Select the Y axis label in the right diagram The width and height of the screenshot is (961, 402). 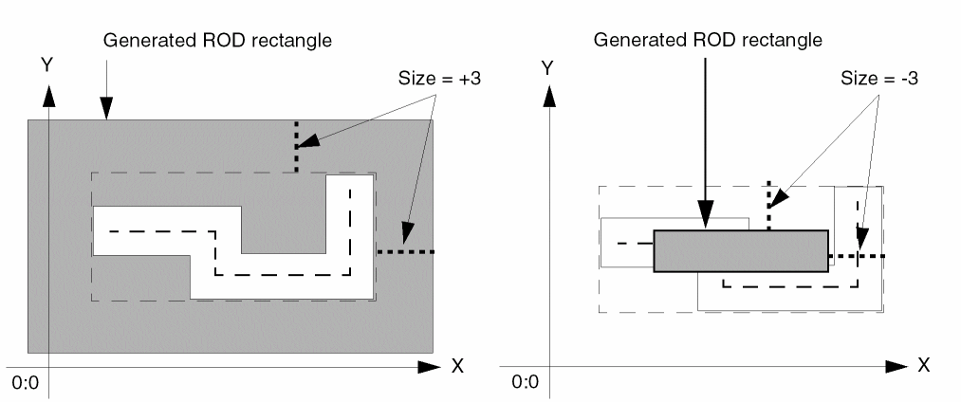(545, 67)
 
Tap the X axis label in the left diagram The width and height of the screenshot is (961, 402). (457, 366)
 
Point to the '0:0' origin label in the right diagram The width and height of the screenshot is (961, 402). (526, 383)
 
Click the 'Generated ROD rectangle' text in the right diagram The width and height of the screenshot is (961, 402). (707, 41)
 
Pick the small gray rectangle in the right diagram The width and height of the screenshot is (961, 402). (741, 251)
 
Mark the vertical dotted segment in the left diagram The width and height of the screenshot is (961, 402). (296, 146)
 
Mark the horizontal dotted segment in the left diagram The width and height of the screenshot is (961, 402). (405, 251)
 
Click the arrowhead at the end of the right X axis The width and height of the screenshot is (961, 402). (897, 365)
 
